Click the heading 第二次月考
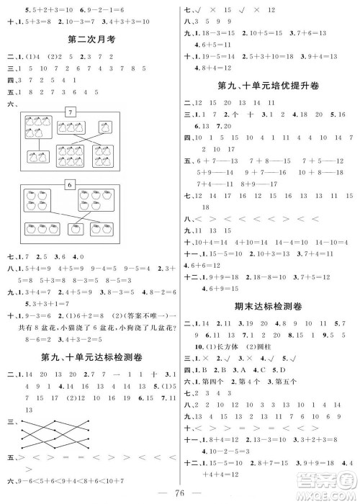pos(91,37)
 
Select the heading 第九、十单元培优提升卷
pos(267,86)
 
